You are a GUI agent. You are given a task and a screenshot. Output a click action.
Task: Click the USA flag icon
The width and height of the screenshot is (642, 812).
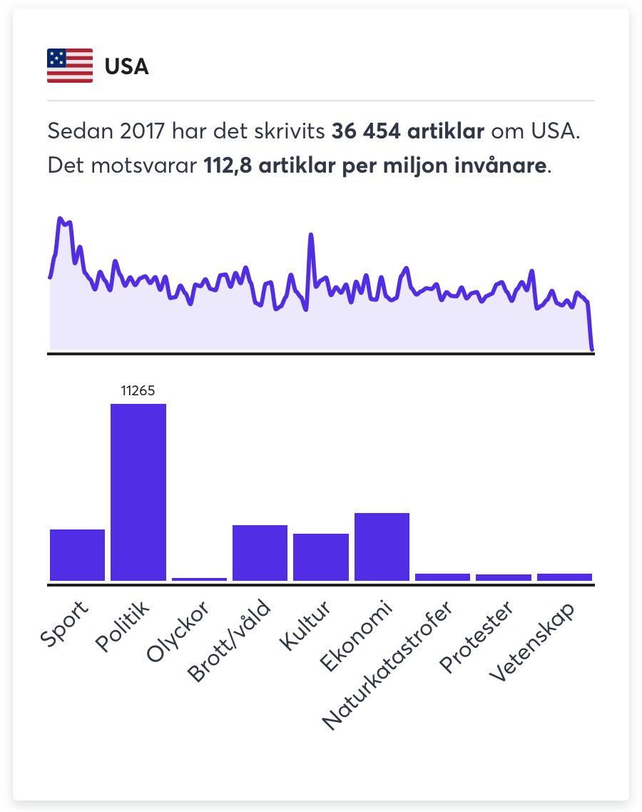pos(70,66)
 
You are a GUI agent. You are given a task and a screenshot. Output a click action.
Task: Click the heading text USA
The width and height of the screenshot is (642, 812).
pos(126,66)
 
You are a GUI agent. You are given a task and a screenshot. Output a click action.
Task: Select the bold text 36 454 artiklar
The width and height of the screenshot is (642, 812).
pos(408,132)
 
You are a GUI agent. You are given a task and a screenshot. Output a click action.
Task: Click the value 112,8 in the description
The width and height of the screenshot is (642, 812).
pos(227,166)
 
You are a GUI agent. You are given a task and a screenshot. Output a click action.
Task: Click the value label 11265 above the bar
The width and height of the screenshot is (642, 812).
pos(138,390)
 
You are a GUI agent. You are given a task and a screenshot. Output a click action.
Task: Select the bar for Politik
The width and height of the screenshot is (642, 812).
pos(138,492)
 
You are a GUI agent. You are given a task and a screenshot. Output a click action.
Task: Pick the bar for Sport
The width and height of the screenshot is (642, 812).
pos(77,554)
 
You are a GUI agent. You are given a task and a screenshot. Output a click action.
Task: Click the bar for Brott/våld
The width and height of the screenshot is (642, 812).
pos(260,552)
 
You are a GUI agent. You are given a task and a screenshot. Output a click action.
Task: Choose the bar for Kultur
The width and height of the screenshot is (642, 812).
pos(321,557)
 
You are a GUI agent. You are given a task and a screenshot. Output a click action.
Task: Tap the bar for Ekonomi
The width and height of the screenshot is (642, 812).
pos(382,547)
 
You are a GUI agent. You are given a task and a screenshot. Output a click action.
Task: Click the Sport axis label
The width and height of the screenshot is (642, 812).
pos(66,624)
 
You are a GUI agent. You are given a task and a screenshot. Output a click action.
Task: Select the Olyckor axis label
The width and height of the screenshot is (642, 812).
pos(178,631)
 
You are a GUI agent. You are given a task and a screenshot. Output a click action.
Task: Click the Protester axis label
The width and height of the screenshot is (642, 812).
pos(476,637)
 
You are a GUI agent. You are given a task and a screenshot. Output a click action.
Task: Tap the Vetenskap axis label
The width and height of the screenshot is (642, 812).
pos(533,641)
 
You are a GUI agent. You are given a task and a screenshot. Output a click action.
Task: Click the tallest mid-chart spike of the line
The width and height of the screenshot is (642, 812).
pos(310,235)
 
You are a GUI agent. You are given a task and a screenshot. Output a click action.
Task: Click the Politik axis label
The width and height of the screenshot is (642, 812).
pos(122,628)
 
